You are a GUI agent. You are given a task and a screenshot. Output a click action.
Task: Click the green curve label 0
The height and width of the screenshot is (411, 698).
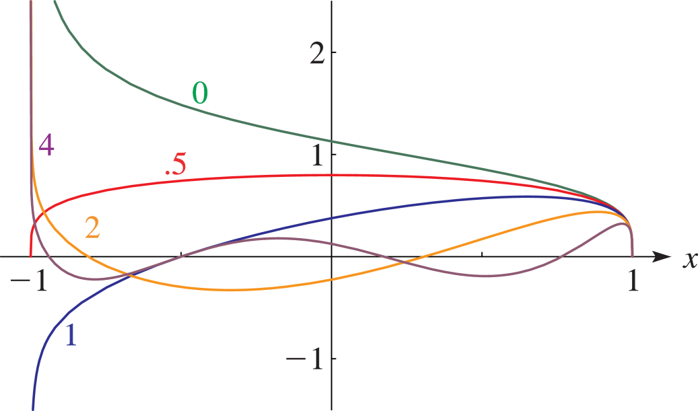tap(200, 94)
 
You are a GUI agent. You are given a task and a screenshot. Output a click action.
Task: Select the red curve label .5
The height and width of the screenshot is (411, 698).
tap(175, 165)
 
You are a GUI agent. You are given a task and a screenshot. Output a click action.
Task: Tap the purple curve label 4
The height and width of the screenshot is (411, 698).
tap(46, 145)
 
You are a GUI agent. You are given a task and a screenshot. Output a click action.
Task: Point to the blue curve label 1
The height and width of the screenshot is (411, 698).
tap(71, 335)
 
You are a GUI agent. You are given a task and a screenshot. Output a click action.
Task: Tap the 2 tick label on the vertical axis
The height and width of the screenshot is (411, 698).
tap(318, 52)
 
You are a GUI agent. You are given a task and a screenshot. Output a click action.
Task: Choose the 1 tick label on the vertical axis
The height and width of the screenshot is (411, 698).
tap(318, 154)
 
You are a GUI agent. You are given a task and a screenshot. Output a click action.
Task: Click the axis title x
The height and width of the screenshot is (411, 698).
tap(689, 260)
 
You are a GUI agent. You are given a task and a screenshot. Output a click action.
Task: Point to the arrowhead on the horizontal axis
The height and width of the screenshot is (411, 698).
tap(662, 257)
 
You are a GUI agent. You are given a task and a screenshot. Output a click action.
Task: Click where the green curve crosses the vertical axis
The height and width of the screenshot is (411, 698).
tap(332, 142)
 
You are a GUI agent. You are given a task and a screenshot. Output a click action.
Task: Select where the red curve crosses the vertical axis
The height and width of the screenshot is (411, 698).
tap(332, 175)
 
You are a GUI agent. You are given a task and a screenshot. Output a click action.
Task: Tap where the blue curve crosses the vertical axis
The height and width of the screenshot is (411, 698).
tap(332, 218)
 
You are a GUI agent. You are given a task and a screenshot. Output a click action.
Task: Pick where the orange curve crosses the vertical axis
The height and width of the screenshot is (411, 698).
tap(332, 279)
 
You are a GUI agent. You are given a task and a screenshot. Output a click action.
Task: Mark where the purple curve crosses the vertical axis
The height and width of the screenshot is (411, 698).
tap(332, 244)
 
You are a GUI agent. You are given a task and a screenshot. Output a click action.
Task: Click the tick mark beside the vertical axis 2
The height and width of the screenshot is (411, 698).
tap(334, 52)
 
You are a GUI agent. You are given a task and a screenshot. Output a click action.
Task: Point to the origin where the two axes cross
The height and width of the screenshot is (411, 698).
tap(332, 257)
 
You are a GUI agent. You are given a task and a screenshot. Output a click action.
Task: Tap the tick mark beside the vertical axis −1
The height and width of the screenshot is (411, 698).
tap(334, 359)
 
